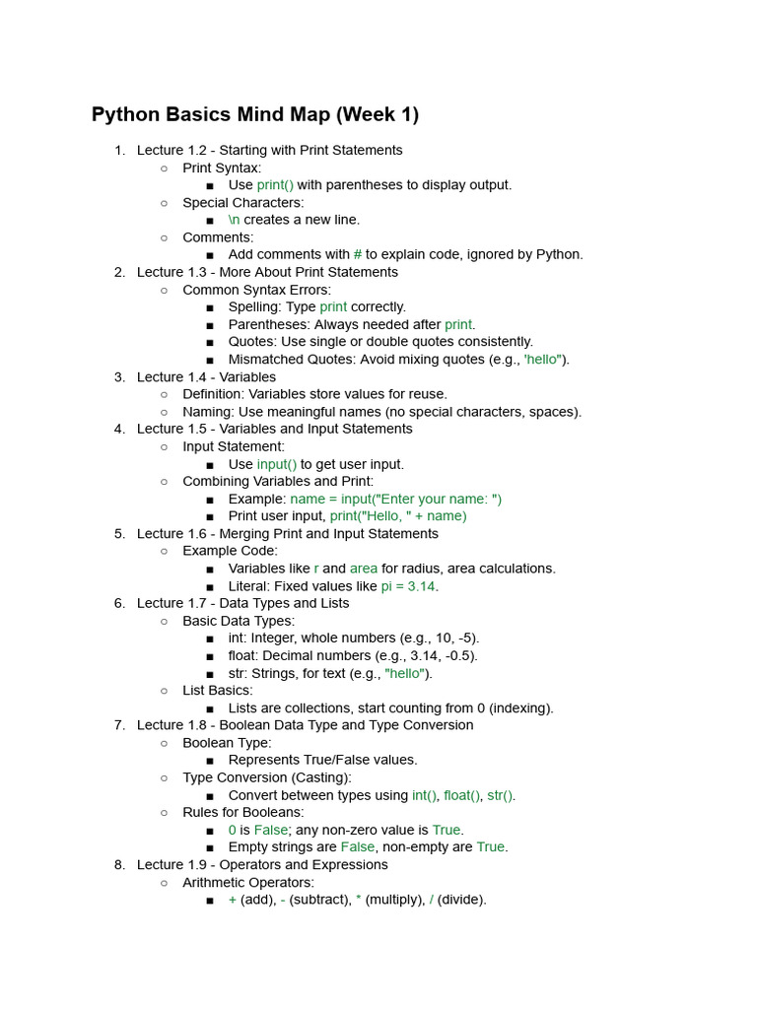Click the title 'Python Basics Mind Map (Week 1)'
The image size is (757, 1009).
(255, 114)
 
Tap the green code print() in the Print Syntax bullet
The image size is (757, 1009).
(275, 185)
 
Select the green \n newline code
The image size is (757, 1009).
(235, 220)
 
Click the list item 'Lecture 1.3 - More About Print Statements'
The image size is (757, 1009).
(267, 272)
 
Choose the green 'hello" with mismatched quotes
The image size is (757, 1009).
(543, 360)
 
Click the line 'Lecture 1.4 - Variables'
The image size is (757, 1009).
(206, 376)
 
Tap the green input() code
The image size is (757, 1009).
(277, 464)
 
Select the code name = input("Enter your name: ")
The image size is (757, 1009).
(396, 499)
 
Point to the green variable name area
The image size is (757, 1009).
(364, 569)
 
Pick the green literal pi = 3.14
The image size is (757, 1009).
(408, 586)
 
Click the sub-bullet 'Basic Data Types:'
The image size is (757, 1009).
(239, 621)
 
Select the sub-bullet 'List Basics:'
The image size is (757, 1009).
(218, 691)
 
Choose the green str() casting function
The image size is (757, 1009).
(500, 795)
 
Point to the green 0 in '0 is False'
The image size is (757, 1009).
(233, 830)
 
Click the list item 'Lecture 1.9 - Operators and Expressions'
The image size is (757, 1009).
(262, 865)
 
